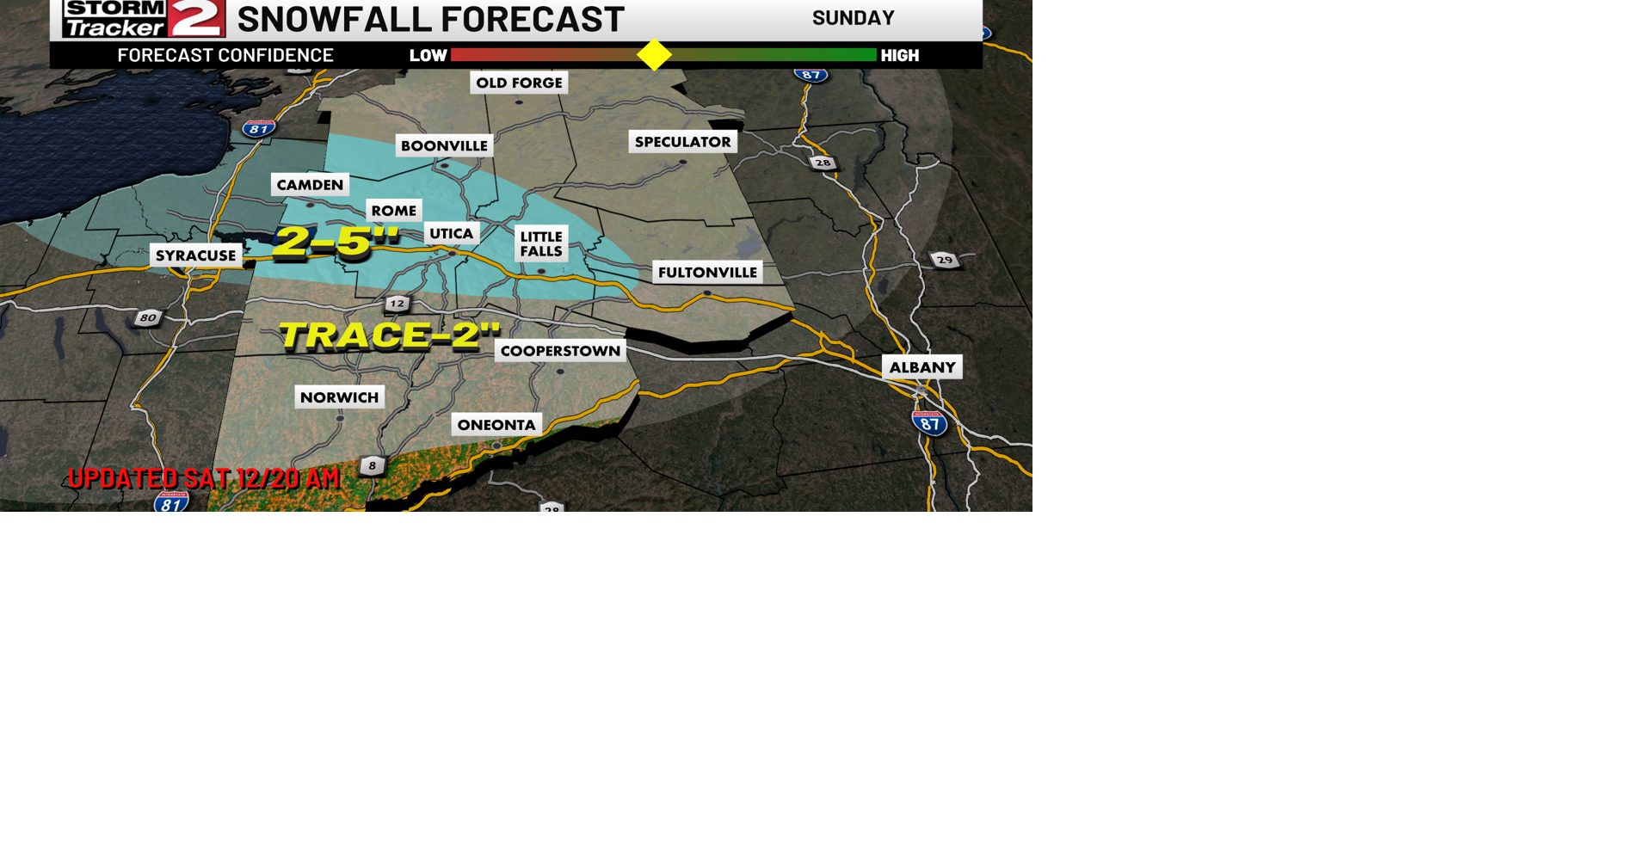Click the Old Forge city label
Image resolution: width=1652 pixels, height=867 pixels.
pyautogui.click(x=519, y=83)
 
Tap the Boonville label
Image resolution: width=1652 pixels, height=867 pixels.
pyautogui.click(x=444, y=145)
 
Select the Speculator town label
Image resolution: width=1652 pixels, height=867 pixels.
pyautogui.click(x=682, y=142)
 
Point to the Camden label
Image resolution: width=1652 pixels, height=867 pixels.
pyautogui.click(x=310, y=185)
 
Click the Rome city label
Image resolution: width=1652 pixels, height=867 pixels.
pyautogui.click(x=394, y=211)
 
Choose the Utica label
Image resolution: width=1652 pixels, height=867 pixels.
pyautogui.click(x=452, y=233)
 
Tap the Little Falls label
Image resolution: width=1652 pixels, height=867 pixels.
pyautogui.click(x=541, y=243)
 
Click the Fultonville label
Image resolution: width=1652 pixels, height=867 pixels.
pyautogui.click(x=707, y=273)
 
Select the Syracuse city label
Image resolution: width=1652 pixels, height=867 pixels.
pyautogui.click(x=195, y=255)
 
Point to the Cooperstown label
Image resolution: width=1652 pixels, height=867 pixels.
pyautogui.click(x=560, y=351)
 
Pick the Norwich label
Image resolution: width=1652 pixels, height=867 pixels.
pyautogui.click(x=339, y=397)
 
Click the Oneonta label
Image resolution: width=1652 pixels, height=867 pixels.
pyautogui.click(x=496, y=425)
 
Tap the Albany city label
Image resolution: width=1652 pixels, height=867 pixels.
pyautogui.click(x=922, y=367)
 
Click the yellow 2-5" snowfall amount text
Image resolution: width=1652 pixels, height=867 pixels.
pyautogui.click(x=336, y=241)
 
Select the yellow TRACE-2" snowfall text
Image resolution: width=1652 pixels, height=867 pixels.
pyautogui.click(x=389, y=335)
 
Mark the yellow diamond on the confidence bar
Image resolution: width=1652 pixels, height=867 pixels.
pyautogui.click(x=654, y=55)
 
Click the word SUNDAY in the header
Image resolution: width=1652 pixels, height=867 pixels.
pyautogui.click(x=853, y=18)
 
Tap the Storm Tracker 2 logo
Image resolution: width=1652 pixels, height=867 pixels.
pyautogui.click(x=144, y=18)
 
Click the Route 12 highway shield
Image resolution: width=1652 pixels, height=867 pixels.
pyautogui.click(x=397, y=304)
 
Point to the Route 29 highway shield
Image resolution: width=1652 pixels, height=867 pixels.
pyautogui.click(x=945, y=260)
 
